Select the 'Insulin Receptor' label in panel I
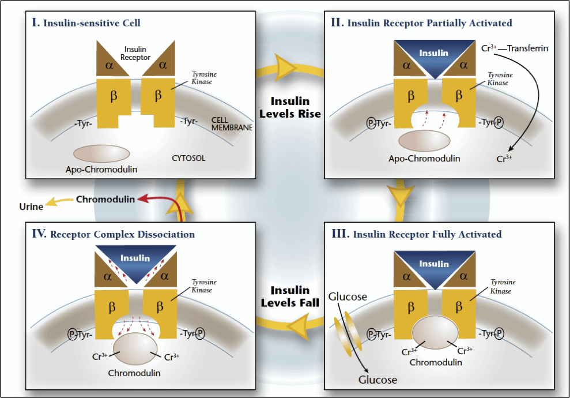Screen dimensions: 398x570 [135, 54]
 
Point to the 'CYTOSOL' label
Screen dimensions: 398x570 [188, 157]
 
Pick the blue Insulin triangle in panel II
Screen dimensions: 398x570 [433, 55]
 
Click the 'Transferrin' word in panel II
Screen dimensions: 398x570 [527, 48]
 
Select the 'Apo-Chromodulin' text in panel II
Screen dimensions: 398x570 [424, 158]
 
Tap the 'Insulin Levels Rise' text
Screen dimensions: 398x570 [290, 107]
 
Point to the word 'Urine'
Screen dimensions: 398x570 [31, 206]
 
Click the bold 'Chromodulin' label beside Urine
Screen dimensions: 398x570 [105, 200]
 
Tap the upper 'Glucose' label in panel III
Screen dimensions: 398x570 [348, 296]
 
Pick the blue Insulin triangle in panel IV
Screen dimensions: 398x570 [135, 259]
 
